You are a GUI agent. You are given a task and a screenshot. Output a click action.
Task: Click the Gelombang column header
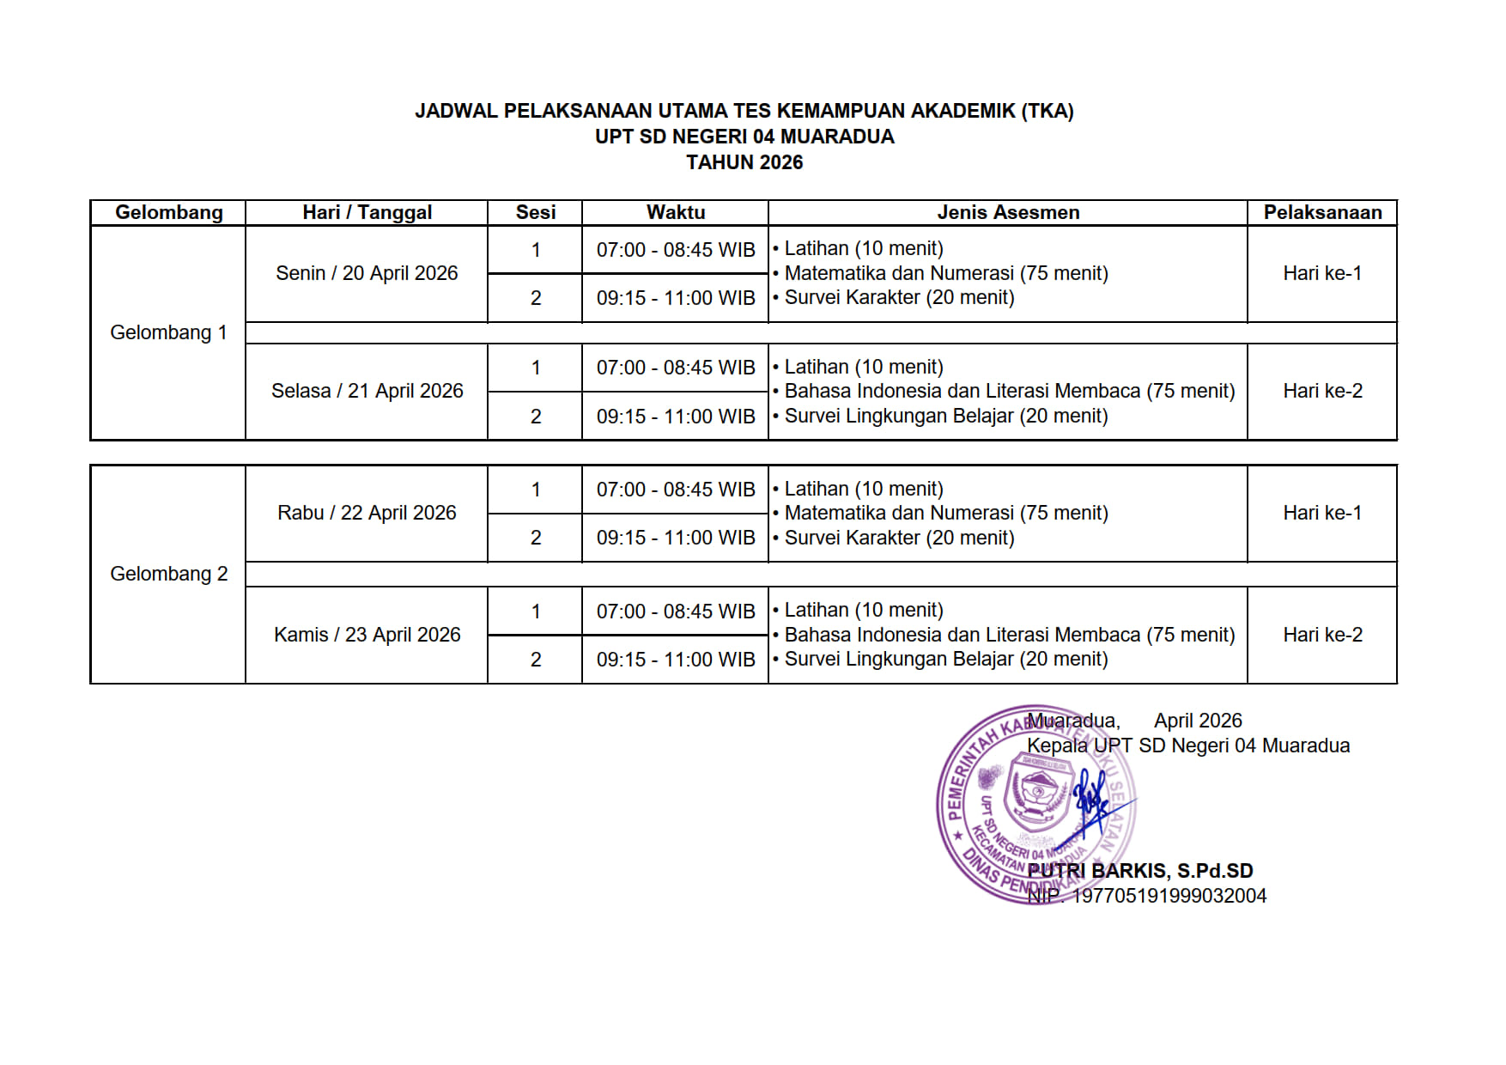pyautogui.click(x=168, y=212)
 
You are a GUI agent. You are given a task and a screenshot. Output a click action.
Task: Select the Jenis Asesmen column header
pyautogui.click(x=1008, y=212)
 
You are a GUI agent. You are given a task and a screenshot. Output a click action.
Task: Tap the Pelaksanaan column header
pyautogui.click(x=1322, y=212)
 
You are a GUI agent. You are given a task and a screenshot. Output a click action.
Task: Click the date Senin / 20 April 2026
pyautogui.click(x=367, y=273)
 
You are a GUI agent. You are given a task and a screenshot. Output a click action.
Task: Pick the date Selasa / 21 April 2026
pyautogui.click(x=367, y=391)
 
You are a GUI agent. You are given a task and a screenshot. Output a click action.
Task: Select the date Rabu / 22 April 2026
pyautogui.click(x=367, y=513)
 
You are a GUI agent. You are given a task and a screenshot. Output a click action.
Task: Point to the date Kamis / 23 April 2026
pyautogui.click(x=367, y=635)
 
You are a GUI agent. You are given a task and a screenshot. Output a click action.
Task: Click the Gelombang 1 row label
pyautogui.click(x=168, y=332)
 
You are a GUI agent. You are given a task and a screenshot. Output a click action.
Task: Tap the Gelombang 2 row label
pyautogui.click(x=168, y=574)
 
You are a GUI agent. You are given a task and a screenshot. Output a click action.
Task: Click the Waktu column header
pyautogui.click(x=676, y=212)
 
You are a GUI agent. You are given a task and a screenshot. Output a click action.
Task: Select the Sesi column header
pyautogui.click(x=535, y=212)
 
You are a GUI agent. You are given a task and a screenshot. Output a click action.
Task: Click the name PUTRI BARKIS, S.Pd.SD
pyautogui.click(x=1140, y=871)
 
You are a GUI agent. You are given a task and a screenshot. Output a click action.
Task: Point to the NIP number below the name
pyautogui.click(x=1147, y=896)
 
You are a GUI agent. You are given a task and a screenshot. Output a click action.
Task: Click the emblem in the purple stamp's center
pyautogui.click(x=1037, y=791)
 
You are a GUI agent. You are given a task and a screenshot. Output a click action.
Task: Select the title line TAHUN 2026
pyautogui.click(x=744, y=162)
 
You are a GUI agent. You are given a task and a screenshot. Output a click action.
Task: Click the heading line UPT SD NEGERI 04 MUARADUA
pyautogui.click(x=744, y=137)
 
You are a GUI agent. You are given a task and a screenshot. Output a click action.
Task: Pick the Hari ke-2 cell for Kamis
pyautogui.click(x=1322, y=635)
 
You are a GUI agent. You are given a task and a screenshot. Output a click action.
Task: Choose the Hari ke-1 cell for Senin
pyautogui.click(x=1322, y=273)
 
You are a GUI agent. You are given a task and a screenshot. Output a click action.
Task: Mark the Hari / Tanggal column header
pyautogui.click(x=367, y=212)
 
